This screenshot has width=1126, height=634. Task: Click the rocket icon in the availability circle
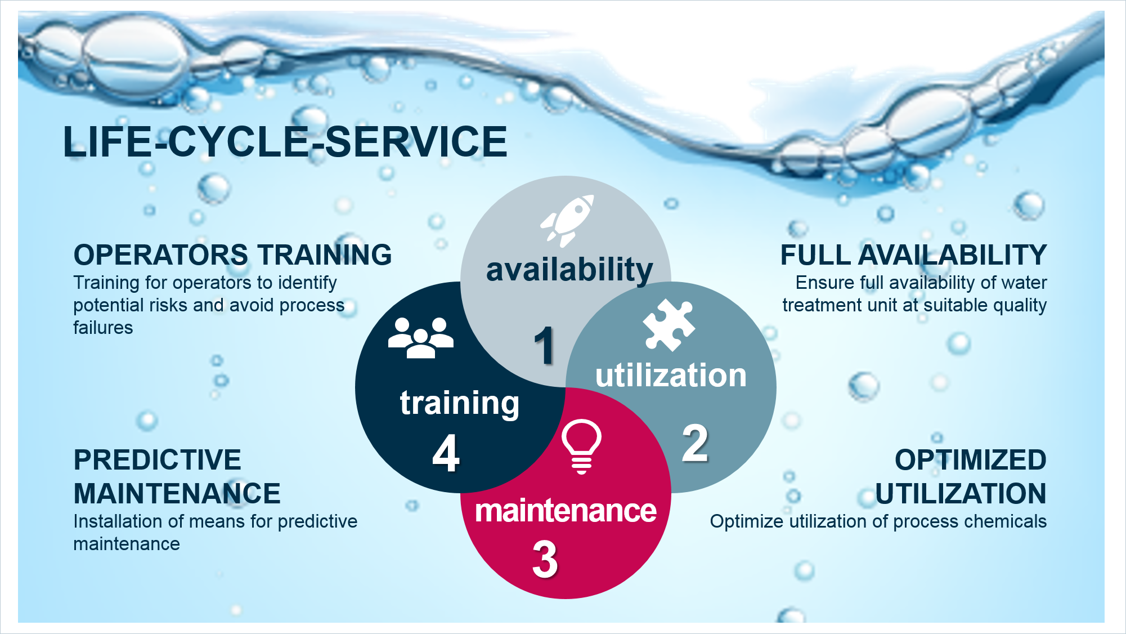pos(567,221)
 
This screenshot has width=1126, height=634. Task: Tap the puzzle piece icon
pos(669,325)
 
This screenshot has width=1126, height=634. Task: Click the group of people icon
pos(420,338)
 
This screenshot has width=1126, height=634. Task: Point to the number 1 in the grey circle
pos(544,345)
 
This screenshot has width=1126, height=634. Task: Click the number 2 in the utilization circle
pos(695,443)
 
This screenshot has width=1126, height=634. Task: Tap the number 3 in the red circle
pos(545,559)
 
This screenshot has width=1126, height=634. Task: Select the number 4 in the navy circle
pos(446,453)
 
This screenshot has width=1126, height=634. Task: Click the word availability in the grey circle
pos(569,270)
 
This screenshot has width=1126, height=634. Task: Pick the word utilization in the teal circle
pos(671,376)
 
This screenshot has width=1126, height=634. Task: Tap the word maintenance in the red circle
pos(566,511)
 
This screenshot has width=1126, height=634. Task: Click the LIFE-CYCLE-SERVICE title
pos(285,141)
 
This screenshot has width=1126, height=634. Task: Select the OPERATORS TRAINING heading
pos(232,255)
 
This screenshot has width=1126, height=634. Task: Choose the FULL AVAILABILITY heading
pos(913,255)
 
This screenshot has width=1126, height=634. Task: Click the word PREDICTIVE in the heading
pos(158,460)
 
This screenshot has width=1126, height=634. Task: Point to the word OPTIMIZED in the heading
pos(971,460)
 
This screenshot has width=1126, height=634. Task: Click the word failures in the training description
pos(103,328)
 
